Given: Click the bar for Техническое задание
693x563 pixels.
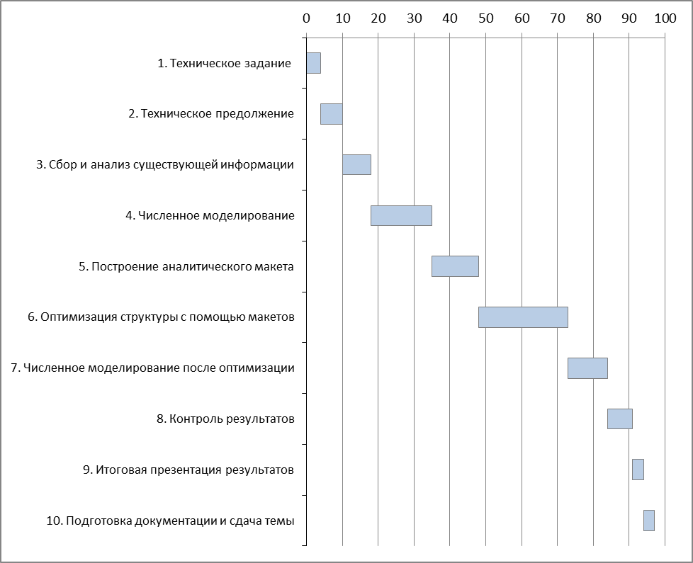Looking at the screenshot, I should (313, 63).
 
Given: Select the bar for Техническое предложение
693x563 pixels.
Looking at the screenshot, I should (331, 114).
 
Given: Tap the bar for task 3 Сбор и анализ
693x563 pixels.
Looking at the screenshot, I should (356, 164).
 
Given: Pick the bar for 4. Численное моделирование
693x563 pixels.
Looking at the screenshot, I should (401, 215).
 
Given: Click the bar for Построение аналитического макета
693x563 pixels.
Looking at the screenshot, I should (455, 266).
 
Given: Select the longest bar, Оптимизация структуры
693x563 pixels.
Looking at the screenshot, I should (523, 317).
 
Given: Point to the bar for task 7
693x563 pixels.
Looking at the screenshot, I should (587, 368).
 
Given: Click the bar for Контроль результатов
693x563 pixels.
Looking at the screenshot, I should (619, 419).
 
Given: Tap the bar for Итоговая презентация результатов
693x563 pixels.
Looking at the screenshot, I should (638, 470).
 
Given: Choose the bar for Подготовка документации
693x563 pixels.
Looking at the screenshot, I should (648, 521).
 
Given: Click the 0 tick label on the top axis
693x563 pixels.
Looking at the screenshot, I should (306, 18).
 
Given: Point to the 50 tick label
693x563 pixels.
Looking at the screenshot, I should (485, 18).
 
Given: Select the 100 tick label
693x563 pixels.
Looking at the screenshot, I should (665, 18).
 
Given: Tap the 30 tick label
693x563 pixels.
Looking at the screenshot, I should (414, 18).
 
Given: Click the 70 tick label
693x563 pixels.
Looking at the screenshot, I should (557, 18).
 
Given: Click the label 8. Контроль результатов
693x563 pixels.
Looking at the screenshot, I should (225, 419).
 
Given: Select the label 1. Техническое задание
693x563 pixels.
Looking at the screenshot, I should (224, 64).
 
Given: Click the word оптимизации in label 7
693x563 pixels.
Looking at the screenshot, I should (263, 368).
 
